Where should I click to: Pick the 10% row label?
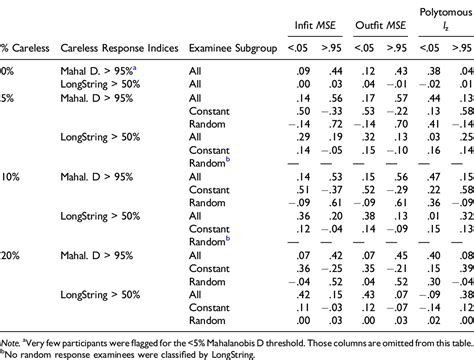click(x=9, y=174)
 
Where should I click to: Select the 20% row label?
click(x=9, y=255)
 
